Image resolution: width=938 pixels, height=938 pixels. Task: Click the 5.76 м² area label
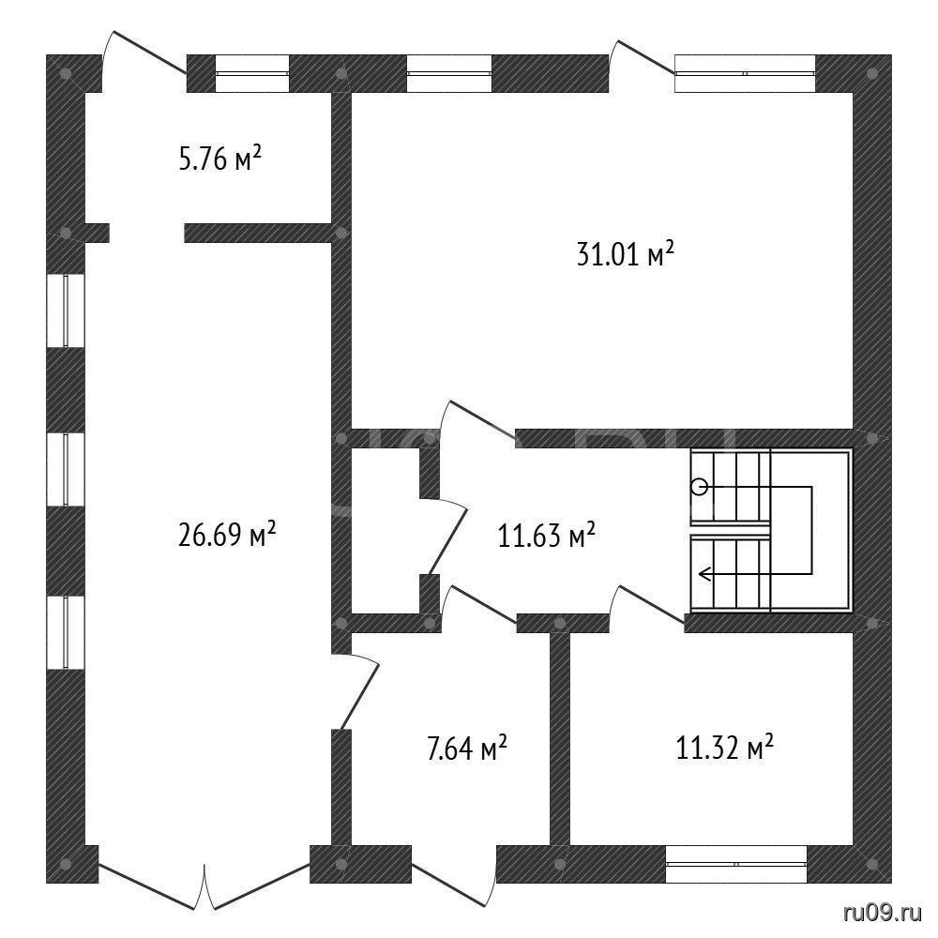pyautogui.click(x=220, y=159)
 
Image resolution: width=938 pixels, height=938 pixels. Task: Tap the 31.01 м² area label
pyautogui.click(x=625, y=254)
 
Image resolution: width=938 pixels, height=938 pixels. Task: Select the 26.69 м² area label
pyautogui.click(x=227, y=535)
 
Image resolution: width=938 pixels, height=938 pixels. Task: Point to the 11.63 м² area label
pyautogui.click(x=546, y=535)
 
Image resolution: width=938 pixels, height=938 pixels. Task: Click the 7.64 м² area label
pyautogui.click(x=467, y=748)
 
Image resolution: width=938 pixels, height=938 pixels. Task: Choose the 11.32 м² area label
pyautogui.click(x=724, y=748)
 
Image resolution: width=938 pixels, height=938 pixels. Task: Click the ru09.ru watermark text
pyautogui.click(x=883, y=912)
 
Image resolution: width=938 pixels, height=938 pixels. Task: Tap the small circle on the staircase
pyautogui.click(x=700, y=487)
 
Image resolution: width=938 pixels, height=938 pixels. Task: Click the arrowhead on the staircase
pyautogui.click(x=704, y=575)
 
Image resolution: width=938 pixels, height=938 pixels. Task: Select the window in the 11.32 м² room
pyautogui.click(x=735, y=864)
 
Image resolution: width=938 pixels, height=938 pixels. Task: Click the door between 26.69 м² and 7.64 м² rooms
pyautogui.click(x=356, y=691)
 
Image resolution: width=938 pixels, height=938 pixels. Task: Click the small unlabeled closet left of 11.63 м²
pyautogui.click(x=385, y=531)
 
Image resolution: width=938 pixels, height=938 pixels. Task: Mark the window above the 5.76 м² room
pyautogui.click(x=251, y=73)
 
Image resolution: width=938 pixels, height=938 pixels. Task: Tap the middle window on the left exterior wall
pyautogui.click(x=66, y=469)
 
